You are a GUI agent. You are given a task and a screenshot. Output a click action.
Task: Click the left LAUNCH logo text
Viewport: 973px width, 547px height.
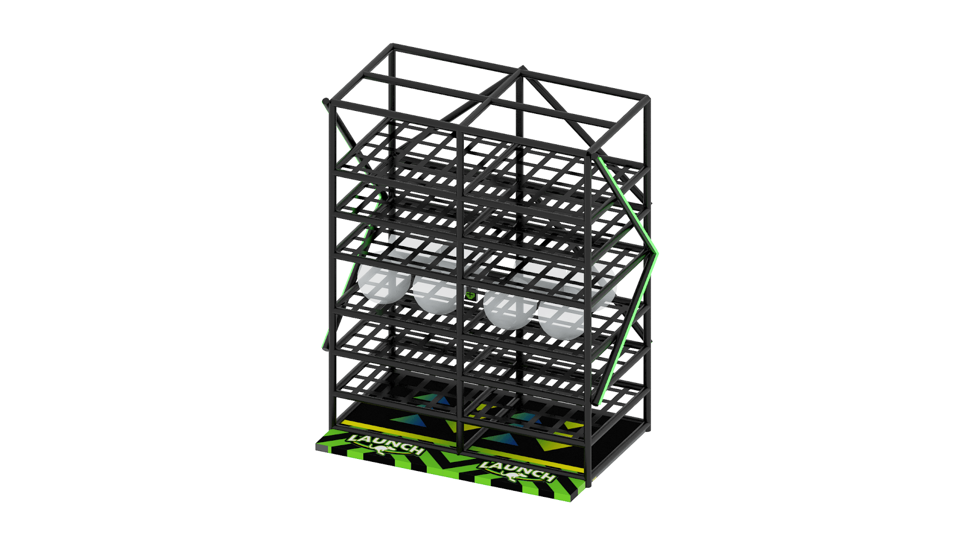[x=386, y=444]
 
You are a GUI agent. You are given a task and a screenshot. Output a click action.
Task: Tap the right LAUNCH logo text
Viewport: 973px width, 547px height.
[x=516, y=471]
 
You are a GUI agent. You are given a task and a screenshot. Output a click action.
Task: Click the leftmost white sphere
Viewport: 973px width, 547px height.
[x=384, y=277]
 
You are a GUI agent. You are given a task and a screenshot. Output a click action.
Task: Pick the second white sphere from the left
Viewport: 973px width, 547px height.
[x=437, y=289]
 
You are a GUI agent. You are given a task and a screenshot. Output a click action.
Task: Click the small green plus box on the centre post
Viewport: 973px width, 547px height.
[x=471, y=294]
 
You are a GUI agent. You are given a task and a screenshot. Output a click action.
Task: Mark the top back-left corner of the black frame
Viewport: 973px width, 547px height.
[x=392, y=46]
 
